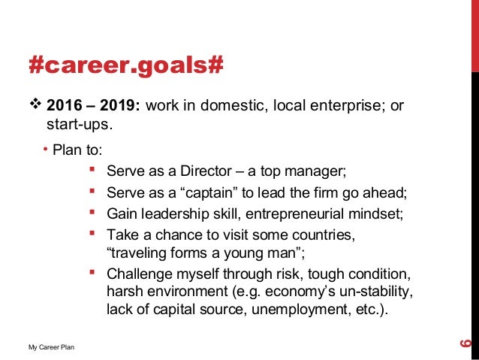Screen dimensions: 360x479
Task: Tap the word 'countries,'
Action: [x=324, y=235]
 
